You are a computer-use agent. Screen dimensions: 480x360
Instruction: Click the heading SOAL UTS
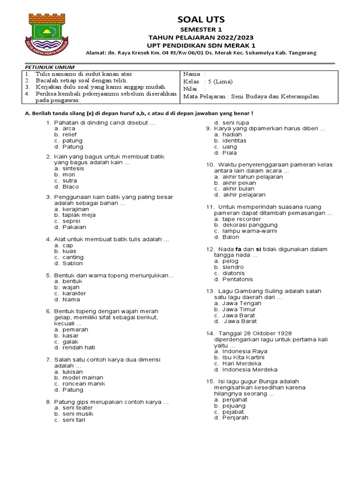click(x=201, y=19)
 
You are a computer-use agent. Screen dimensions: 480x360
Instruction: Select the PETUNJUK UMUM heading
click(x=46, y=67)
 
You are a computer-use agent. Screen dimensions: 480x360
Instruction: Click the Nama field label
click(x=192, y=74)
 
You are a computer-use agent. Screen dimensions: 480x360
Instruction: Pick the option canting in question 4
click(x=73, y=257)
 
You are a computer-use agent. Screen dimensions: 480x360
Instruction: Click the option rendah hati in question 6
click(x=78, y=347)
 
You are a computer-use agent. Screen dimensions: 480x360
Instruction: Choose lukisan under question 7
click(x=72, y=372)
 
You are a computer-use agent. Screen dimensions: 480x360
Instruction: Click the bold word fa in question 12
click(x=238, y=249)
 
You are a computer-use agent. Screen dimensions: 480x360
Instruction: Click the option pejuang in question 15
click(x=233, y=405)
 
